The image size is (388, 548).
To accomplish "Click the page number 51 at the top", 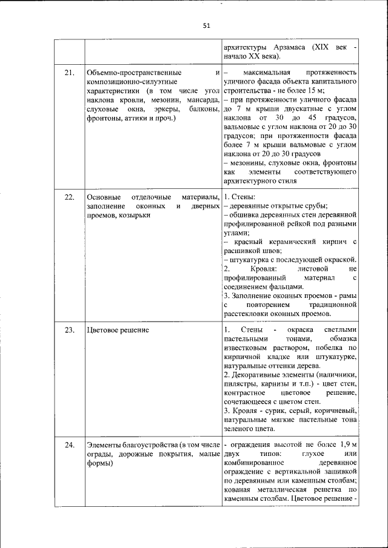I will [206, 25].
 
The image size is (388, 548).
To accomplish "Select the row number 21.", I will [69, 73].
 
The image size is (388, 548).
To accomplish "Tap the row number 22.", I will [69, 197].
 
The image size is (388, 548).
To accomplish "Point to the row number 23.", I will [69, 330].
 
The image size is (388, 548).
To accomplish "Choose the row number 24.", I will [69, 445].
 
